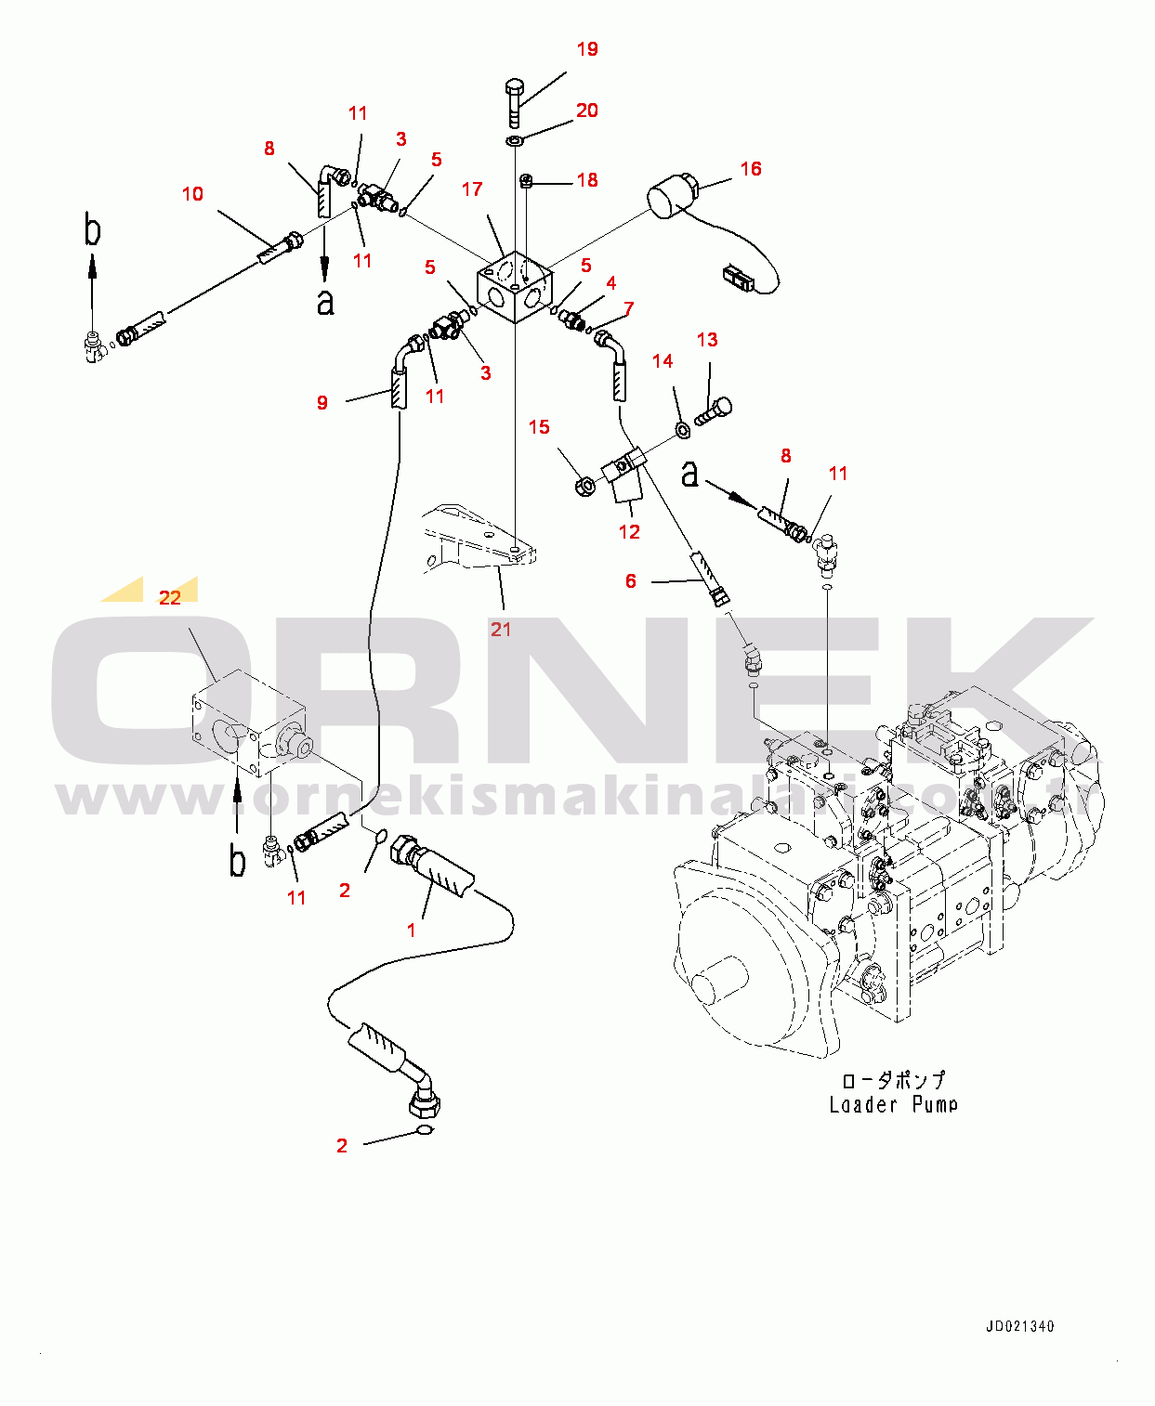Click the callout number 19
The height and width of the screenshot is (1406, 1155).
(587, 49)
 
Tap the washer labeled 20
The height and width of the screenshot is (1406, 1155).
(515, 141)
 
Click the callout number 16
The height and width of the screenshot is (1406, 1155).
(751, 169)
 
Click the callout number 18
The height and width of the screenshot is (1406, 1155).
(587, 180)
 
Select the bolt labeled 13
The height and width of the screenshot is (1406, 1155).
(714, 411)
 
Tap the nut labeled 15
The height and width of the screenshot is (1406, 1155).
(585, 485)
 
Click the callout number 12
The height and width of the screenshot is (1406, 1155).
(629, 532)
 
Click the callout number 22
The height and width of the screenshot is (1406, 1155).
(170, 598)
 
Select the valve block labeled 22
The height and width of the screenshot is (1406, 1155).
(249, 724)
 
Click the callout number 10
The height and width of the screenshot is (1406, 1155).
(192, 194)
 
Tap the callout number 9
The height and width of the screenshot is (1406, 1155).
(322, 403)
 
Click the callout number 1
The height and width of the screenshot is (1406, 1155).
(412, 930)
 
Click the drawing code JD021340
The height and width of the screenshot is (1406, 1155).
(1019, 1326)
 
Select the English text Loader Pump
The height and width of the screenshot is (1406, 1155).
(893, 1105)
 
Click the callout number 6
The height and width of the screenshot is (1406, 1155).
(631, 581)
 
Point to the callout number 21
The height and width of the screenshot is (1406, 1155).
(501, 630)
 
